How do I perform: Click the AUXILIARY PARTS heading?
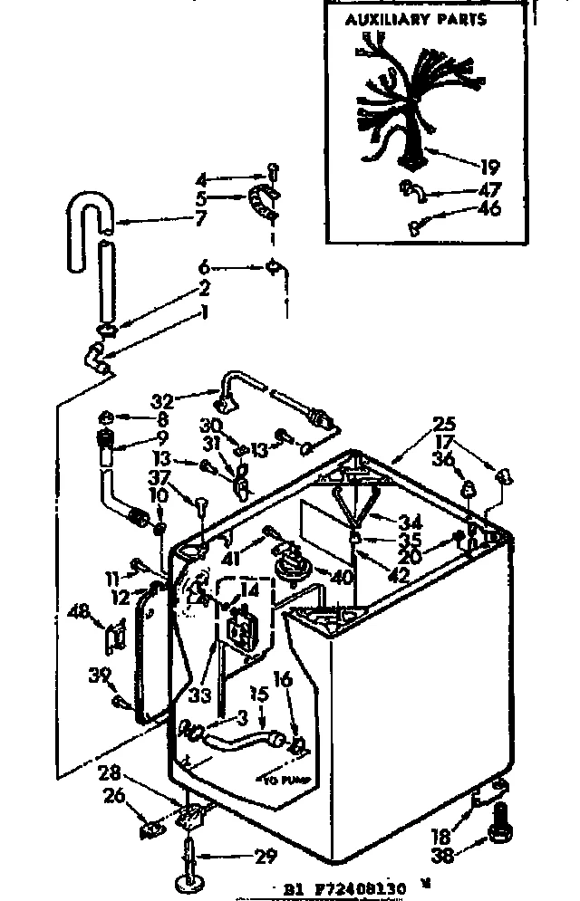click(x=416, y=19)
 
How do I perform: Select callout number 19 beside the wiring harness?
click(x=490, y=168)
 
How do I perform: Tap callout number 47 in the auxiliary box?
click(x=490, y=191)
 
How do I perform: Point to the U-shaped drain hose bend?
click(x=89, y=216)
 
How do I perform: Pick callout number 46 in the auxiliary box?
click(x=490, y=210)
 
